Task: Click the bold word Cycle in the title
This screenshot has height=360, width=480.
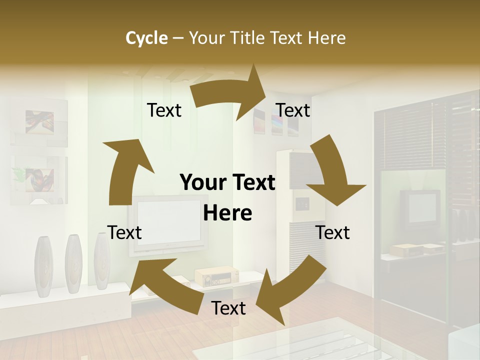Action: (x=146, y=37)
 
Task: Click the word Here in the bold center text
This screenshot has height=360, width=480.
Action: (x=227, y=213)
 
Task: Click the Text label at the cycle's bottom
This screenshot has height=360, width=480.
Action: (x=228, y=308)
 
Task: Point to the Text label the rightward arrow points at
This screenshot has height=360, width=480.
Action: (x=293, y=110)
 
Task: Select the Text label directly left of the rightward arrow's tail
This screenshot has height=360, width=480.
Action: (x=164, y=110)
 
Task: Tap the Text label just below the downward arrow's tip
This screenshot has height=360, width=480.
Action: (x=333, y=232)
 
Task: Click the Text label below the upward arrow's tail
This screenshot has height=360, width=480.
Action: (x=124, y=232)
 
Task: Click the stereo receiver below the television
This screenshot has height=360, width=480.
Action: (x=216, y=275)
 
